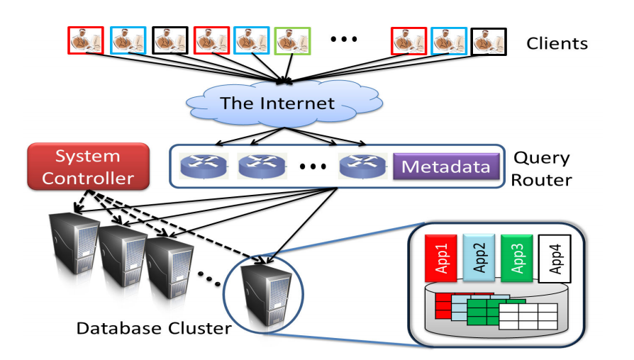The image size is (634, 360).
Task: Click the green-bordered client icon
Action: [x=293, y=41]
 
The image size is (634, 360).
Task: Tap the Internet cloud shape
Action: [x=277, y=103]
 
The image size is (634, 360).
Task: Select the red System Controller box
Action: [x=88, y=167]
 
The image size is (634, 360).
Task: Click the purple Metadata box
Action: [x=446, y=167]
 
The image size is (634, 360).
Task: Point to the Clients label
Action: [x=557, y=44]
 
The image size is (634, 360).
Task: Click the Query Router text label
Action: [x=542, y=169]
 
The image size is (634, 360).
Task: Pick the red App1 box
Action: [x=438, y=258]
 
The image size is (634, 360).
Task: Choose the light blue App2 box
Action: [x=477, y=258]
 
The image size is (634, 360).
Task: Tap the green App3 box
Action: [x=516, y=258]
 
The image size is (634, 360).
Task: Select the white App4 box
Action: [x=555, y=258]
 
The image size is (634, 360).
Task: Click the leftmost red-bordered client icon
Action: [x=86, y=41]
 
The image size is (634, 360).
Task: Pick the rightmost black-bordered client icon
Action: [x=489, y=41]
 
